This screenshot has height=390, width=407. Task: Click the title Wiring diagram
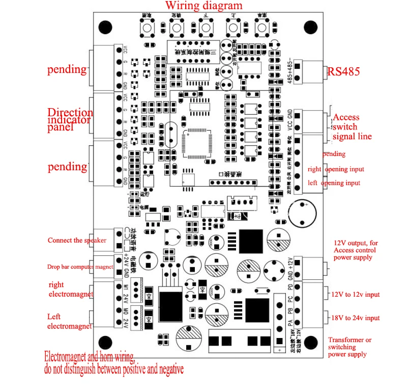pyautogui.click(x=203, y=6)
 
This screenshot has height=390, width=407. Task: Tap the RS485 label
pyautogui.click(x=343, y=71)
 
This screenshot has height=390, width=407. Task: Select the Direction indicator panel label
pyautogui.click(x=70, y=120)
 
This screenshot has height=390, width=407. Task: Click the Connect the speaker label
pyautogui.click(x=77, y=240)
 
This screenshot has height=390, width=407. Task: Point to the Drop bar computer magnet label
pyautogui.click(x=80, y=267)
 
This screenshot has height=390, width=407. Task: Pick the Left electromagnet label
pyautogui.click(x=69, y=321)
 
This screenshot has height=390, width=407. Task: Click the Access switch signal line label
pyautogui.click(x=352, y=126)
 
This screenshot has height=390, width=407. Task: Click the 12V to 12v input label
pyautogui.click(x=356, y=294)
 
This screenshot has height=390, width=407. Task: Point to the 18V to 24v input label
pyautogui.click(x=356, y=318)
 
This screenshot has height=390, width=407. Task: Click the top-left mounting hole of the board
pyautogui.click(x=105, y=27)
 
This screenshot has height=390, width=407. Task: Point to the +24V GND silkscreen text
pyautogui.click(x=127, y=263)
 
